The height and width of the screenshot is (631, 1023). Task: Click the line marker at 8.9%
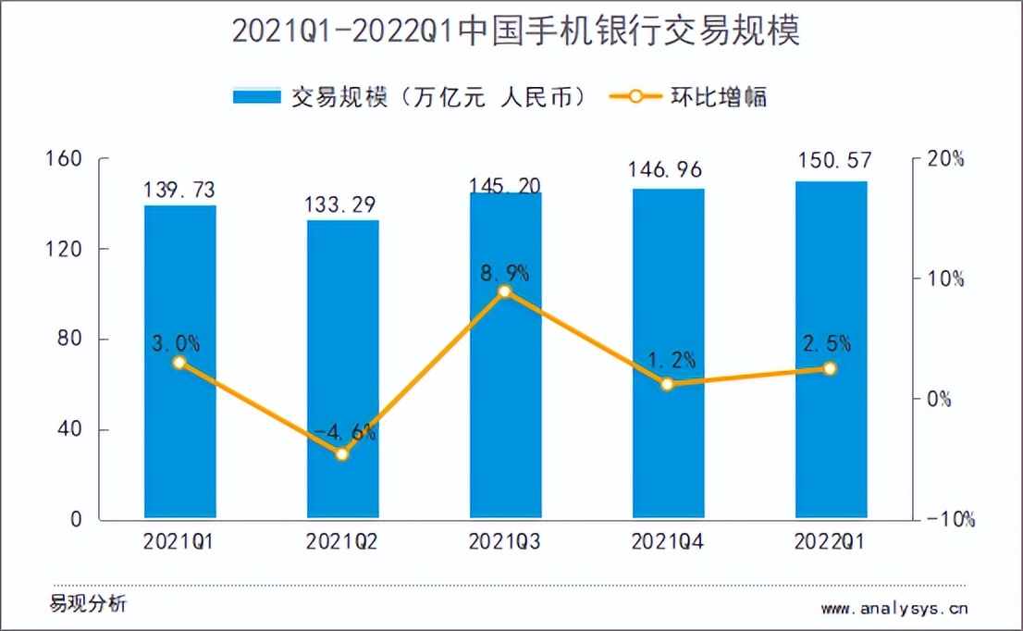505,292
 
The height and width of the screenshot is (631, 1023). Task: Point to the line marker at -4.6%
342,454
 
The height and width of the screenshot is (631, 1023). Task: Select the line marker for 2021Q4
668,384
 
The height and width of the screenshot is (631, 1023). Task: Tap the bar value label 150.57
831,162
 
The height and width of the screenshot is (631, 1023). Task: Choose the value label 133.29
342,203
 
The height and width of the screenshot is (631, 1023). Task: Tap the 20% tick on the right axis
945,159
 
